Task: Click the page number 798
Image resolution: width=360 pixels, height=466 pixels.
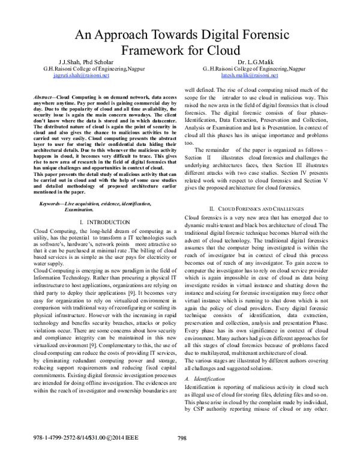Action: pyautogui.click(x=183, y=454)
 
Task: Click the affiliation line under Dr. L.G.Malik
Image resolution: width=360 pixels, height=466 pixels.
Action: pyautogui.click(x=254, y=69)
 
